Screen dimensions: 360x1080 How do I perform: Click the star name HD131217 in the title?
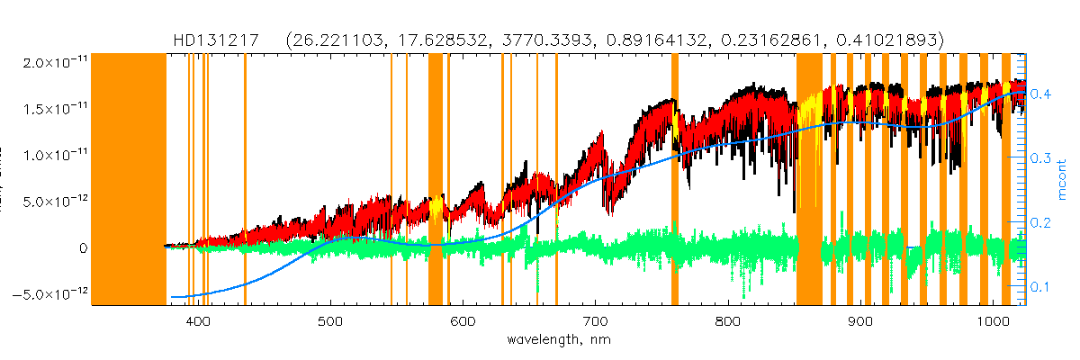[x=217, y=40]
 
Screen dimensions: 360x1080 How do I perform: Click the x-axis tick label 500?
[x=330, y=321]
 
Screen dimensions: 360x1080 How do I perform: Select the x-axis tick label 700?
[x=596, y=321]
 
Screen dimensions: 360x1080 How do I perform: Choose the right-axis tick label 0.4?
[x=1040, y=94]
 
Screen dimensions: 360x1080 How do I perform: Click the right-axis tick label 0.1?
[x=1040, y=286]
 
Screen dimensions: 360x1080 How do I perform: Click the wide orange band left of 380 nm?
[x=130, y=180]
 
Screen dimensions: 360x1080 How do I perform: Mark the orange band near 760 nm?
[x=675, y=180]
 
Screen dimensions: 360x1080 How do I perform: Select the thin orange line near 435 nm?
[x=245, y=180]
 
